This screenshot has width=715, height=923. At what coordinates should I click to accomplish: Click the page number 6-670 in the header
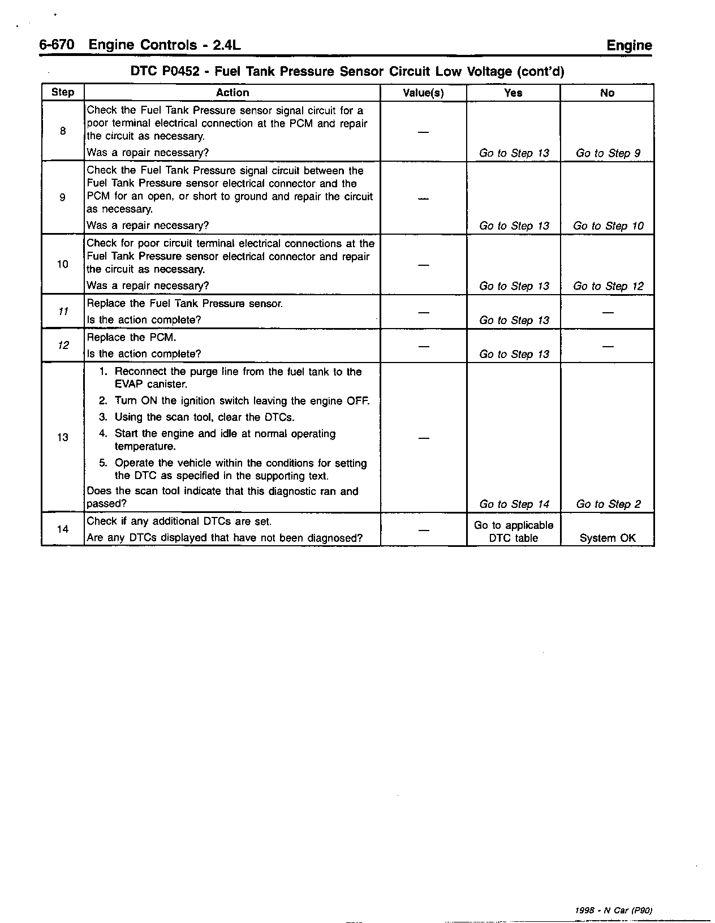pos(57,45)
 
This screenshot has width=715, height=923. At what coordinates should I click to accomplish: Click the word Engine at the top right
pos(629,45)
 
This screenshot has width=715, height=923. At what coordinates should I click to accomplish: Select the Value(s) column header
pos(423,93)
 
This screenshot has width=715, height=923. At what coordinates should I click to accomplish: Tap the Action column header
pos(232,93)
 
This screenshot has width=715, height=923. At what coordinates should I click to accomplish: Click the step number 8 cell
pos(63,131)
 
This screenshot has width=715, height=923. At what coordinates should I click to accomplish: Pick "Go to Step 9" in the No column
pos(608,153)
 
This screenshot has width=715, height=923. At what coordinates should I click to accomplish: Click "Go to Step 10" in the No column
pos(608,226)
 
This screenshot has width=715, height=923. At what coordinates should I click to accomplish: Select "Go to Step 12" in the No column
pos(608,286)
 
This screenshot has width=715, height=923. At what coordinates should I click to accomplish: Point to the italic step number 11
pos(63,312)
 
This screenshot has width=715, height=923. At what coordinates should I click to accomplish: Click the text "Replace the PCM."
pos(131,338)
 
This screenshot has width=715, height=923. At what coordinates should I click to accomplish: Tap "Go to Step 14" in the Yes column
pos(514,504)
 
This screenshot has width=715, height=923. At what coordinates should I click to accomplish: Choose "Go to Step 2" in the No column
pos(608,504)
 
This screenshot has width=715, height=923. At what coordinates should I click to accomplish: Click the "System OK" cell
pos(608,538)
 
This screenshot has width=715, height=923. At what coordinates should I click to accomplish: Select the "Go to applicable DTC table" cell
pos(514,532)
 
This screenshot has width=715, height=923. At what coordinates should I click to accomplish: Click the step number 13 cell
pos(63,437)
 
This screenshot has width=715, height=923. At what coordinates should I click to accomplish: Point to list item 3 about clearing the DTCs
pos(204,417)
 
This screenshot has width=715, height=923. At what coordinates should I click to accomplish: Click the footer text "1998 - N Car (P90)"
pos(614,911)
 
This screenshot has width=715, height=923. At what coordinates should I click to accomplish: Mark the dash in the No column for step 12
pos(608,346)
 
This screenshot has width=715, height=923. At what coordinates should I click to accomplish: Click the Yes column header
pos(513,93)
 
